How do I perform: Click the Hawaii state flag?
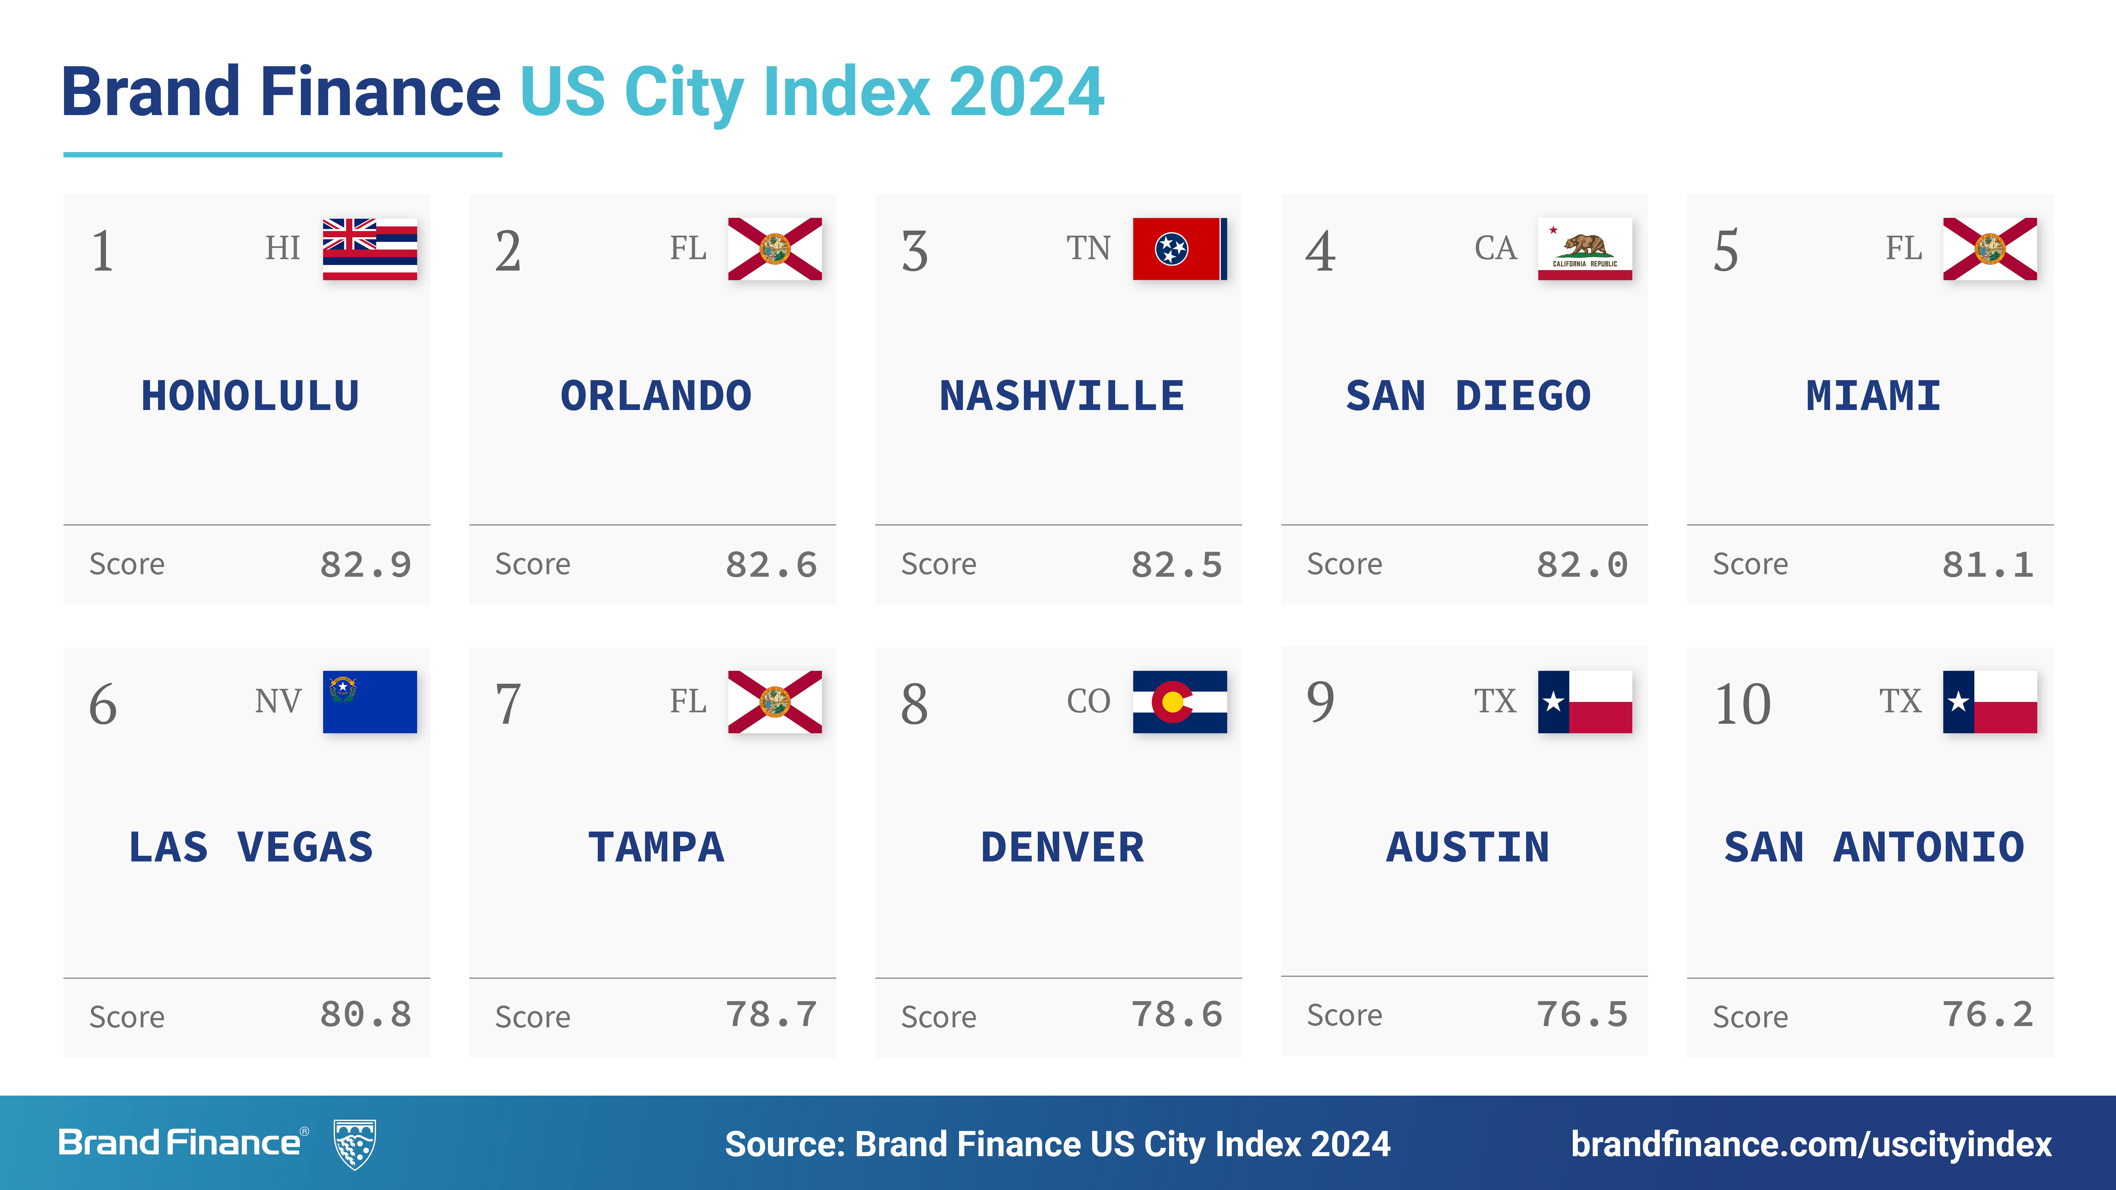click(x=370, y=249)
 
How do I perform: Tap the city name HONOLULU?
click(x=251, y=396)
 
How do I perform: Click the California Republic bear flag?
click(x=1584, y=249)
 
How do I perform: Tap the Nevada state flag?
click(x=370, y=702)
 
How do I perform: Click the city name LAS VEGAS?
click(x=251, y=847)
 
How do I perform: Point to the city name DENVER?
click(x=1062, y=847)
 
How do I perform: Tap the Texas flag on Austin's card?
click(x=1584, y=702)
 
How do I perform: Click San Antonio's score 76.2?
click(x=1988, y=1015)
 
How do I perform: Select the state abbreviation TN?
click(x=1088, y=248)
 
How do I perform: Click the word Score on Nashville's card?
click(x=939, y=565)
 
